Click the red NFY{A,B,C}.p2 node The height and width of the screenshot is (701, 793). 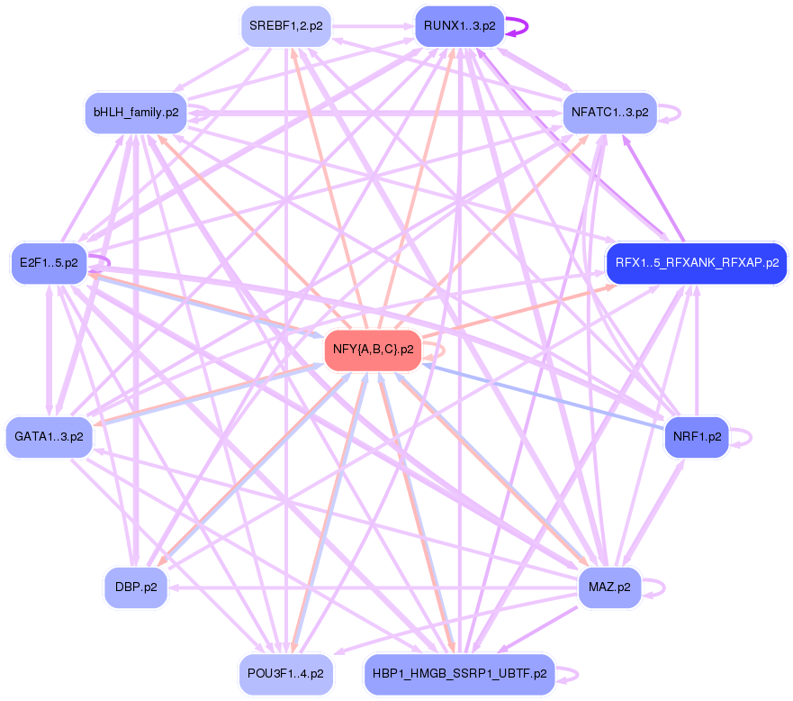(x=373, y=349)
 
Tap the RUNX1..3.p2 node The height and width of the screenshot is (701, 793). (x=458, y=26)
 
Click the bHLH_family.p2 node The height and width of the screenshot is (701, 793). (x=135, y=113)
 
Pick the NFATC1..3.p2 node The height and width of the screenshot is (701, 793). (x=609, y=113)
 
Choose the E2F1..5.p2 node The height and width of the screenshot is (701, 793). (x=49, y=263)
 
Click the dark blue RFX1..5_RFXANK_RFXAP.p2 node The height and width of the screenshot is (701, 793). (x=697, y=263)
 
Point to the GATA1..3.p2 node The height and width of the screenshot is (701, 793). (x=49, y=436)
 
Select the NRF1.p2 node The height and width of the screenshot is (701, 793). (x=697, y=436)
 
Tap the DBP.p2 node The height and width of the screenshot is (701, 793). (x=136, y=587)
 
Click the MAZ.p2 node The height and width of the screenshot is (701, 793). (x=609, y=587)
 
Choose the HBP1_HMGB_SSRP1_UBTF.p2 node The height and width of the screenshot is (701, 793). (x=458, y=673)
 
